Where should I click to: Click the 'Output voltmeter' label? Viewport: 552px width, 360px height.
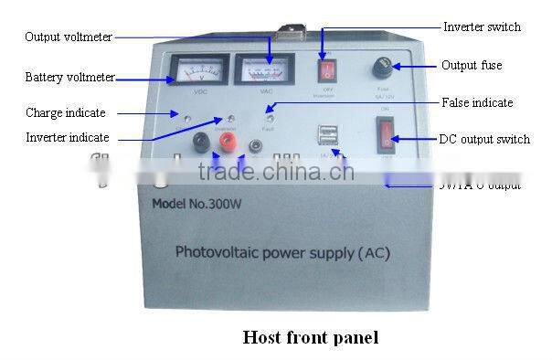tap(69, 37)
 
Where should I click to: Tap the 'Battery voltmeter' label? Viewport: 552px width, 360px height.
tap(69, 78)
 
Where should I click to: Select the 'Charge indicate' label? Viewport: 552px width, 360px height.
tap(65, 113)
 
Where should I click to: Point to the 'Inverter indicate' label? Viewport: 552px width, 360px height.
tap(68, 137)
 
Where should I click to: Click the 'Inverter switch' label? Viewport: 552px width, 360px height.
tap(482, 26)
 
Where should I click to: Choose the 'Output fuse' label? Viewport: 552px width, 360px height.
tap(472, 65)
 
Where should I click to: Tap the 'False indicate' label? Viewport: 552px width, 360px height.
tap(477, 102)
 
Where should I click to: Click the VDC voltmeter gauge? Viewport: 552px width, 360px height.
tap(198, 69)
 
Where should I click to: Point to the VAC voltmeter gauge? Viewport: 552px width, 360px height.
tap(265, 69)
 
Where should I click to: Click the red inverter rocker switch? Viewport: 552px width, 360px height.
tap(323, 70)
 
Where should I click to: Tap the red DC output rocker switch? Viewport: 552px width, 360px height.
tap(388, 136)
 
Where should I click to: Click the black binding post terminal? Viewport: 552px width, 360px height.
tap(200, 143)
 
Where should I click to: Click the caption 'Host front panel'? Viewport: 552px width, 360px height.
tap(310, 337)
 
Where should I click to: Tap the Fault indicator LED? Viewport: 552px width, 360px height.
tap(270, 119)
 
